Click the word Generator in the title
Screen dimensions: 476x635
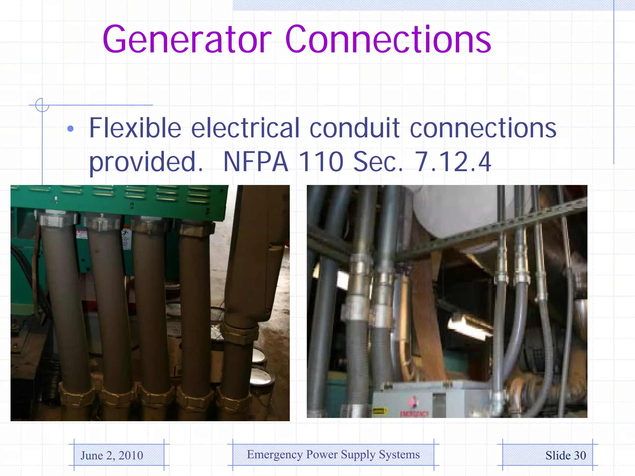187,40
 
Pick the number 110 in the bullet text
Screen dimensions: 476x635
321,162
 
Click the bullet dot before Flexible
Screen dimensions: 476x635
71,129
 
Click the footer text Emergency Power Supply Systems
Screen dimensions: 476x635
333,455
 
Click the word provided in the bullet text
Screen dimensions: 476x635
146,162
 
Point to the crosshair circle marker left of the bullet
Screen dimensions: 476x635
42,105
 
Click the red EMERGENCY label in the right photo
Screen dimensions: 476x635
414,414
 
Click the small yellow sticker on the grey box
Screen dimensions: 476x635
379,411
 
